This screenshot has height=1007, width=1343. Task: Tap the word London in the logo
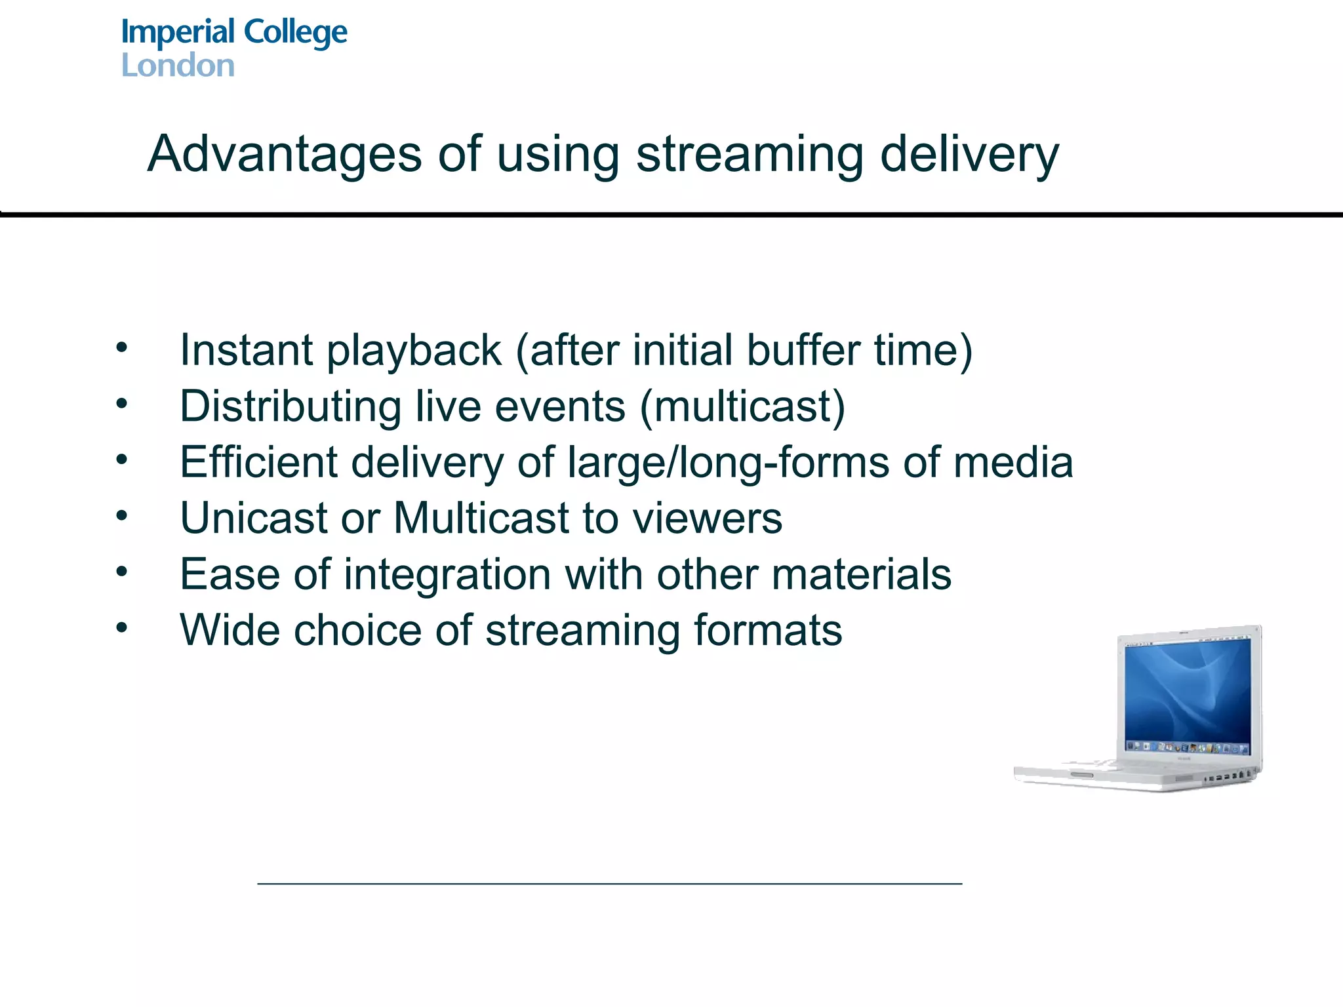pyautogui.click(x=178, y=66)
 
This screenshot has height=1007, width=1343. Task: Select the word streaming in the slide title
pyautogui.click(x=750, y=155)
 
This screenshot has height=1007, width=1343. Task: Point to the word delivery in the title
pyautogui.click(x=969, y=155)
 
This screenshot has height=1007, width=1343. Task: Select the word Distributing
pyautogui.click(x=291, y=406)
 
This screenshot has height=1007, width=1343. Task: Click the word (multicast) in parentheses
pyautogui.click(x=742, y=406)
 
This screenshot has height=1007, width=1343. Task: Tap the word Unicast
pyautogui.click(x=253, y=518)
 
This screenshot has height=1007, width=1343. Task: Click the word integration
pyautogui.click(x=447, y=575)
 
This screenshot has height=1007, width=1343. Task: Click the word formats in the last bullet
pyautogui.click(x=768, y=630)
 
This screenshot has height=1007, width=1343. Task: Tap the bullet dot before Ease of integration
pyautogui.click(x=122, y=572)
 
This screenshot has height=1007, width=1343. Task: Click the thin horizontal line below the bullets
pyautogui.click(x=610, y=884)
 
